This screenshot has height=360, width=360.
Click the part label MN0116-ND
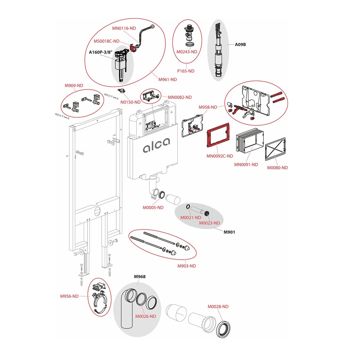(124, 28)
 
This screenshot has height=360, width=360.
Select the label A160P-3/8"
(100, 52)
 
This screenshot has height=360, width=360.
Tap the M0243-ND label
(187, 52)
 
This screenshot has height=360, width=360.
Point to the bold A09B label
(240, 45)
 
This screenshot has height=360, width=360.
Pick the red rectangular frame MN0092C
(218, 135)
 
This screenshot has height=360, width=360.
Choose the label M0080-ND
(277, 168)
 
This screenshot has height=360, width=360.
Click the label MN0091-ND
(246, 165)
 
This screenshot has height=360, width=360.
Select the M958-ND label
(208, 107)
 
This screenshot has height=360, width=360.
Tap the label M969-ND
(74, 86)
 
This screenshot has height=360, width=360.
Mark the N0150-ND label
(130, 102)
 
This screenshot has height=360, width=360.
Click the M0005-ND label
(153, 207)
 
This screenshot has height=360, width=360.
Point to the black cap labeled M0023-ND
(207, 213)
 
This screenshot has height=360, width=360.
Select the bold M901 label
(229, 232)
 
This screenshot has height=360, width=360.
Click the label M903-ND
(187, 266)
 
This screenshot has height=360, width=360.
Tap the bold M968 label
(140, 277)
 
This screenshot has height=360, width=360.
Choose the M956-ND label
(69, 296)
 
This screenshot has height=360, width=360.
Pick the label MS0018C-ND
(106, 41)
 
